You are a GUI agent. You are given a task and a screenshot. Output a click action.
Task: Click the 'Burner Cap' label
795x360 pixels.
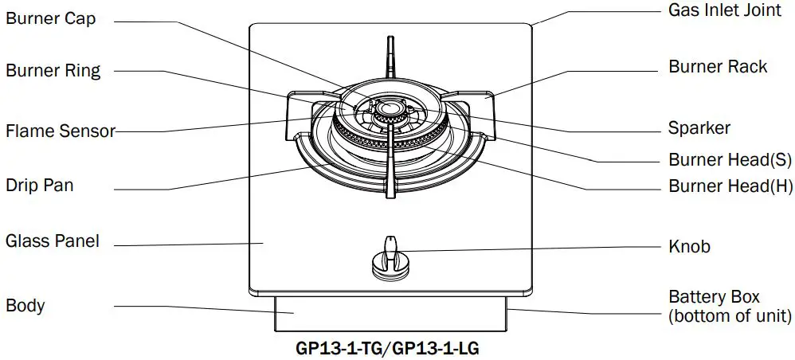point(51,19)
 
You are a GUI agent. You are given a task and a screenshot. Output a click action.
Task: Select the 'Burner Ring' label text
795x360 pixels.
point(53,70)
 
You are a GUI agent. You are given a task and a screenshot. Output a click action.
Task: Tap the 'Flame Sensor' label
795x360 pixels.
point(61,131)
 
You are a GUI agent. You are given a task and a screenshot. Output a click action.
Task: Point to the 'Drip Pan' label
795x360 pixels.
point(40,186)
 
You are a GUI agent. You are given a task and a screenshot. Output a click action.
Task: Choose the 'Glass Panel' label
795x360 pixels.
point(53,240)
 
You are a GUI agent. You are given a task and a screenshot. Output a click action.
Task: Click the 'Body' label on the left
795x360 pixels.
point(25,305)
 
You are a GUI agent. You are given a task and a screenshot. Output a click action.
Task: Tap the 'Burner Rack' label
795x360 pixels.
point(718,67)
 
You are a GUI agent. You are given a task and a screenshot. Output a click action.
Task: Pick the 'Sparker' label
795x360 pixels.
point(699,127)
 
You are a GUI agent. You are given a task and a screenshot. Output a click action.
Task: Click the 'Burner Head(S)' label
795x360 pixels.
point(730,159)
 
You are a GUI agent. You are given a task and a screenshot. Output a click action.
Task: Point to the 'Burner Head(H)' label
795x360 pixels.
point(730,187)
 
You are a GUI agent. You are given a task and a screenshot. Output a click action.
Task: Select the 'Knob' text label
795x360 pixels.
point(689,246)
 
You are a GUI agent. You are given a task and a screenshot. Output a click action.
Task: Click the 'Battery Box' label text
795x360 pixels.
point(709,297)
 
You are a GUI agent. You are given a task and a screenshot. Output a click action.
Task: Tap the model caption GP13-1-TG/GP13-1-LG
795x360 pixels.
point(388,347)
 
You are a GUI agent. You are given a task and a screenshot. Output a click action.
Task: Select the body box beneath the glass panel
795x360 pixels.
point(390,314)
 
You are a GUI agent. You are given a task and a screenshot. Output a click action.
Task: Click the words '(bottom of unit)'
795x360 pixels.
point(730,316)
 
